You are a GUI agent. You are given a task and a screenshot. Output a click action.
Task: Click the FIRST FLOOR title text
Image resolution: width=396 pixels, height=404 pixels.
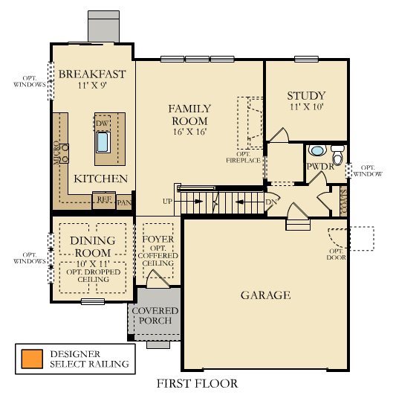197,384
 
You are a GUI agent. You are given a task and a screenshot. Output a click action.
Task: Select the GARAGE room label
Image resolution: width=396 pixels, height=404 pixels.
264,295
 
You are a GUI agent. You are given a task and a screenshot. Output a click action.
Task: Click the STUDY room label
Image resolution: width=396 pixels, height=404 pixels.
305,96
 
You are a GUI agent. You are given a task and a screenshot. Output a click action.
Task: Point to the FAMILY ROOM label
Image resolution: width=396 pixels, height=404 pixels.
189,115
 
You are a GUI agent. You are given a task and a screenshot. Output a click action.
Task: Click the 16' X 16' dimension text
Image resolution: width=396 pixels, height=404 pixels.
189,132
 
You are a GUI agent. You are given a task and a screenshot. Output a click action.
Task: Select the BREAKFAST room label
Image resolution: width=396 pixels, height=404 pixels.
91,74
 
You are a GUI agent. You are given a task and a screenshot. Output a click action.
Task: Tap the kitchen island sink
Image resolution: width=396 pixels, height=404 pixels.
103,141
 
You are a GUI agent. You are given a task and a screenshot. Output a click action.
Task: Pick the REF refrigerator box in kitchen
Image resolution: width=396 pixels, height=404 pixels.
103,199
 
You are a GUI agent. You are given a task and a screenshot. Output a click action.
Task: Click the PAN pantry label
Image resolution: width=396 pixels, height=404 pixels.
124,201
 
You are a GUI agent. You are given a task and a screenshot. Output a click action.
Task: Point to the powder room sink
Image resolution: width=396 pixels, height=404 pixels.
316,151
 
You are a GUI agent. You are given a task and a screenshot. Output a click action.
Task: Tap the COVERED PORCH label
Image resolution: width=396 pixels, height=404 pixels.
155,315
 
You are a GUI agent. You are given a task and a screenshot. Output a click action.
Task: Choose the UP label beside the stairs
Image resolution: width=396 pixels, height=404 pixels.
169,202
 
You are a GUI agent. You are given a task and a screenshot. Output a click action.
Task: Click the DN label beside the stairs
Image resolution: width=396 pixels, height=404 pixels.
271,202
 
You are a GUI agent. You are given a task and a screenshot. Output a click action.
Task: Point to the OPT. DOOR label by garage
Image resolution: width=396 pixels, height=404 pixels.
338,255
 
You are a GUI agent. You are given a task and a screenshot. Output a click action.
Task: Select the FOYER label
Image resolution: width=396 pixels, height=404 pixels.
158,240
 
